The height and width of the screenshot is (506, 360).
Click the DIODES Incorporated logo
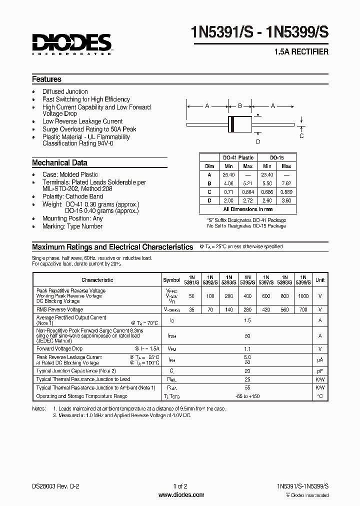(72, 43)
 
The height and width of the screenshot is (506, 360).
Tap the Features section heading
(46, 79)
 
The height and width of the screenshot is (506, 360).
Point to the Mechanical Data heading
(59, 163)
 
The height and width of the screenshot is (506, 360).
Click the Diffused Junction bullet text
(65, 92)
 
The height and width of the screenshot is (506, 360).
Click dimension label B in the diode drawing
(239, 106)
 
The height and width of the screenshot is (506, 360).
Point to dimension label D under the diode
(258, 141)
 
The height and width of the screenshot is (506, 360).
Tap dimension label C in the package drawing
(301, 135)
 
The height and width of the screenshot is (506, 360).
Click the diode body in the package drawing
(239, 123)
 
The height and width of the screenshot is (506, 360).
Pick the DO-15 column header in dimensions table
(276, 157)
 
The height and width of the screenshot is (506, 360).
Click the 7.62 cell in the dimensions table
(286, 183)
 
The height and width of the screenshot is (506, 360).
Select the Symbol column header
(171, 280)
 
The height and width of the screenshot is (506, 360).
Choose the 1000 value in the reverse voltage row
(303, 296)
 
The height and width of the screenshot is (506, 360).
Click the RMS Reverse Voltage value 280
(247, 310)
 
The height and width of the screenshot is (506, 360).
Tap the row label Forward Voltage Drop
(59, 348)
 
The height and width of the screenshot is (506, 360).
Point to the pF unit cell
(320, 371)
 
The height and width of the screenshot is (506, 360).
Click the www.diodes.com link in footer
(180, 495)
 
